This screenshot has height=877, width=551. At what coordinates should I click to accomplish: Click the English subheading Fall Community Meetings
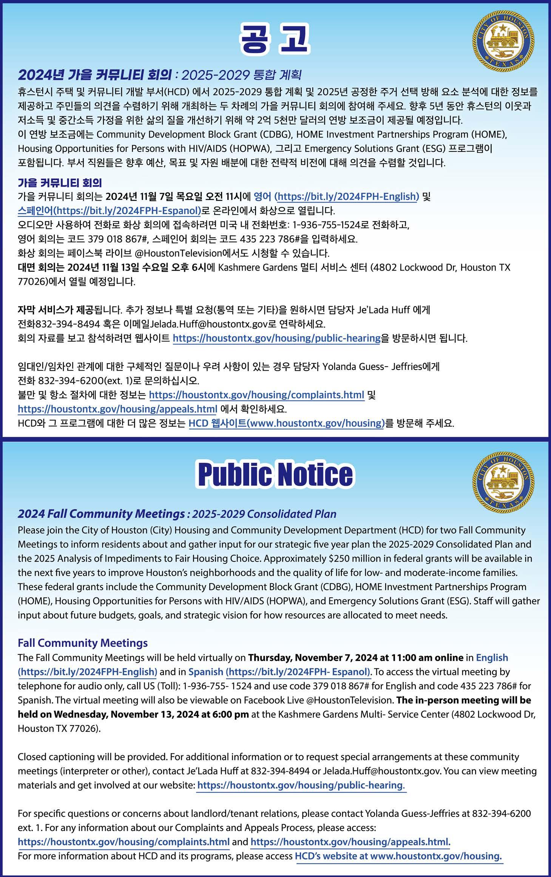[83, 643]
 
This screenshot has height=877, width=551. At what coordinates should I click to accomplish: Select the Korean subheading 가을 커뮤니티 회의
[60, 183]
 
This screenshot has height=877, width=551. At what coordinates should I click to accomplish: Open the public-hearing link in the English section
[301, 785]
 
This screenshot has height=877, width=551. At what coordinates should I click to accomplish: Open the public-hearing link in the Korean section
[276, 338]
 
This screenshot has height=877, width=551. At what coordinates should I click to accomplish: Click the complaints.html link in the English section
[123, 842]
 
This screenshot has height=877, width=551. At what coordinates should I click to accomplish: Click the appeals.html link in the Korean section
[117, 409]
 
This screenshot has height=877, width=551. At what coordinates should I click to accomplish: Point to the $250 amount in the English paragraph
[339, 558]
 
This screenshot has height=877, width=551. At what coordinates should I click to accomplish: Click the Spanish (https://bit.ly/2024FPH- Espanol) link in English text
[279, 672]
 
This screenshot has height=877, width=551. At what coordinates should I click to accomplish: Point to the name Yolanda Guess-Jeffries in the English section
[417, 814]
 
